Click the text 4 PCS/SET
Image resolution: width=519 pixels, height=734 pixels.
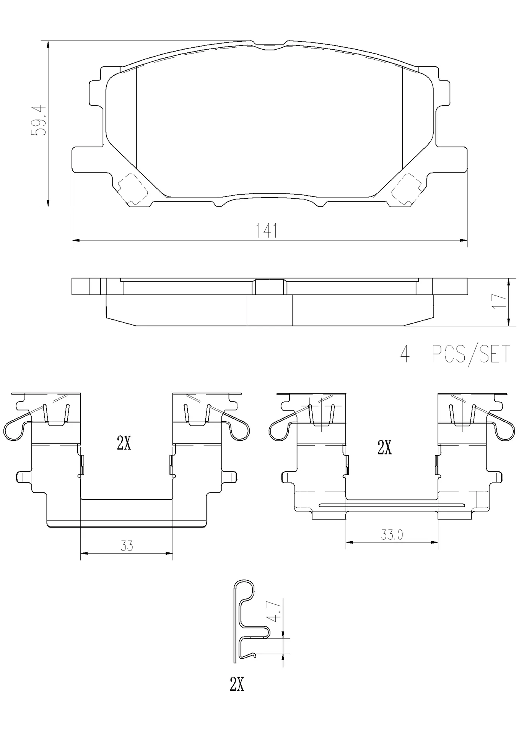point(455,354)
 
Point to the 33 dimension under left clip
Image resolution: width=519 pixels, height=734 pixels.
point(127,546)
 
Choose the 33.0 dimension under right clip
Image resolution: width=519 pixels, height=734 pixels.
point(392,534)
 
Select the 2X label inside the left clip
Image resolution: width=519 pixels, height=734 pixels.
point(124,443)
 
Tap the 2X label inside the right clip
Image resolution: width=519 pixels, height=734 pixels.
point(384,447)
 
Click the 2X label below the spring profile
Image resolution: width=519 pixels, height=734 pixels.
point(237,684)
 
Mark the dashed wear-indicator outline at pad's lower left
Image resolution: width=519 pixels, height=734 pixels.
point(132,188)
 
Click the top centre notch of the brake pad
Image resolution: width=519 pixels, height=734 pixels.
point(270,45)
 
